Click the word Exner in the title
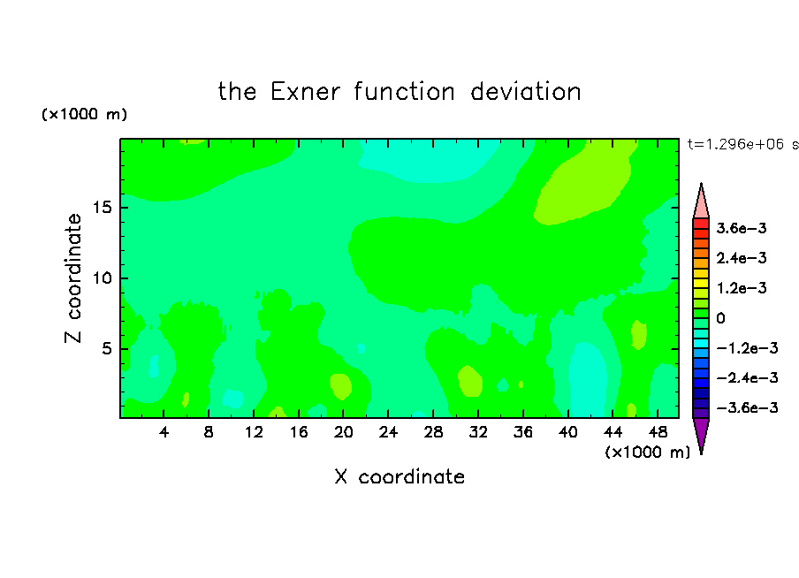[x=305, y=92]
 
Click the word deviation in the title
[x=525, y=92]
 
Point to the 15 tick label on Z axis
[x=102, y=208]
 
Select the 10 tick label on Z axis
[x=102, y=278]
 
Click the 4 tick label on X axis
[x=164, y=432]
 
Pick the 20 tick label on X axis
[x=344, y=432]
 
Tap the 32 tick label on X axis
[x=478, y=432]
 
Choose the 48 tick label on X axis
[x=658, y=432]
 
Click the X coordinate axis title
[x=399, y=476]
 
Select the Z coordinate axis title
[x=73, y=278]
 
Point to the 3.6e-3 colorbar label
[x=742, y=228]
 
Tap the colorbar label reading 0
[x=720, y=318]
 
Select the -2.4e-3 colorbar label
[x=747, y=377]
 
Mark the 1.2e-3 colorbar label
[x=742, y=288]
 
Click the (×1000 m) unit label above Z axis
[x=84, y=114]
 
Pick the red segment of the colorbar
[x=701, y=224]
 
